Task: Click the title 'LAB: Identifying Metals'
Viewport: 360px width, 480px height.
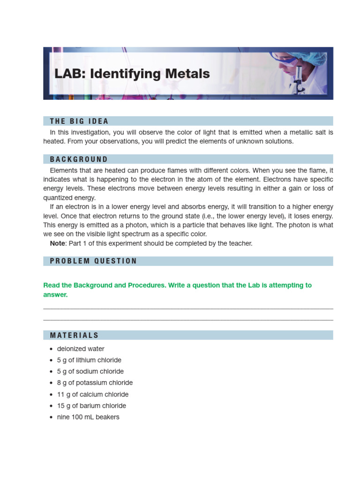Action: pyautogui.click(x=132, y=74)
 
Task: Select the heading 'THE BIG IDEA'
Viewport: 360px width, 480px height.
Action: pyautogui.click(x=79, y=121)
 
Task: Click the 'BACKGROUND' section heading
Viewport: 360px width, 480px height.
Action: pyautogui.click(x=79, y=159)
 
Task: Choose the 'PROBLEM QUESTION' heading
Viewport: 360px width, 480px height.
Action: pyautogui.click(x=93, y=261)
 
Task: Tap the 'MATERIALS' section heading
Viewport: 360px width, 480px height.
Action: pyautogui.click(x=75, y=335)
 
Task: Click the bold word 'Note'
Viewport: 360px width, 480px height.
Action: pyautogui.click(x=58, y=243)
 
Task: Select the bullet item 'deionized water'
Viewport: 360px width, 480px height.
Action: pyautogui.click(x=81, y=349)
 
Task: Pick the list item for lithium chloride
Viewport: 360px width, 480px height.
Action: pyautogui.click(x=89, y=360)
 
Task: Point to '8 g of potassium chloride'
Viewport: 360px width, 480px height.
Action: pyautogui.click(x=95, y=382)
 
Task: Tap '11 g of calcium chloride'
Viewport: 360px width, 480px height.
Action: pyautogui.click(x=93, y=394)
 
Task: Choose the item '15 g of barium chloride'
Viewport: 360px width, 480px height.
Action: pyautogui.click(x=91, y=405)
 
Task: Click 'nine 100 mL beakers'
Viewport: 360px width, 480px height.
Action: pyautogui.click(x=88, y=417)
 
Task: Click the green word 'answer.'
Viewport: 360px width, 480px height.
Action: pyautogui.click(x=55, y=295)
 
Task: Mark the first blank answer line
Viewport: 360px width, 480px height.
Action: pyautogui.click(x=188, y=308)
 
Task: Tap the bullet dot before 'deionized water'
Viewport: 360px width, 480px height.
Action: pyautogui.click(x=51, y=349)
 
